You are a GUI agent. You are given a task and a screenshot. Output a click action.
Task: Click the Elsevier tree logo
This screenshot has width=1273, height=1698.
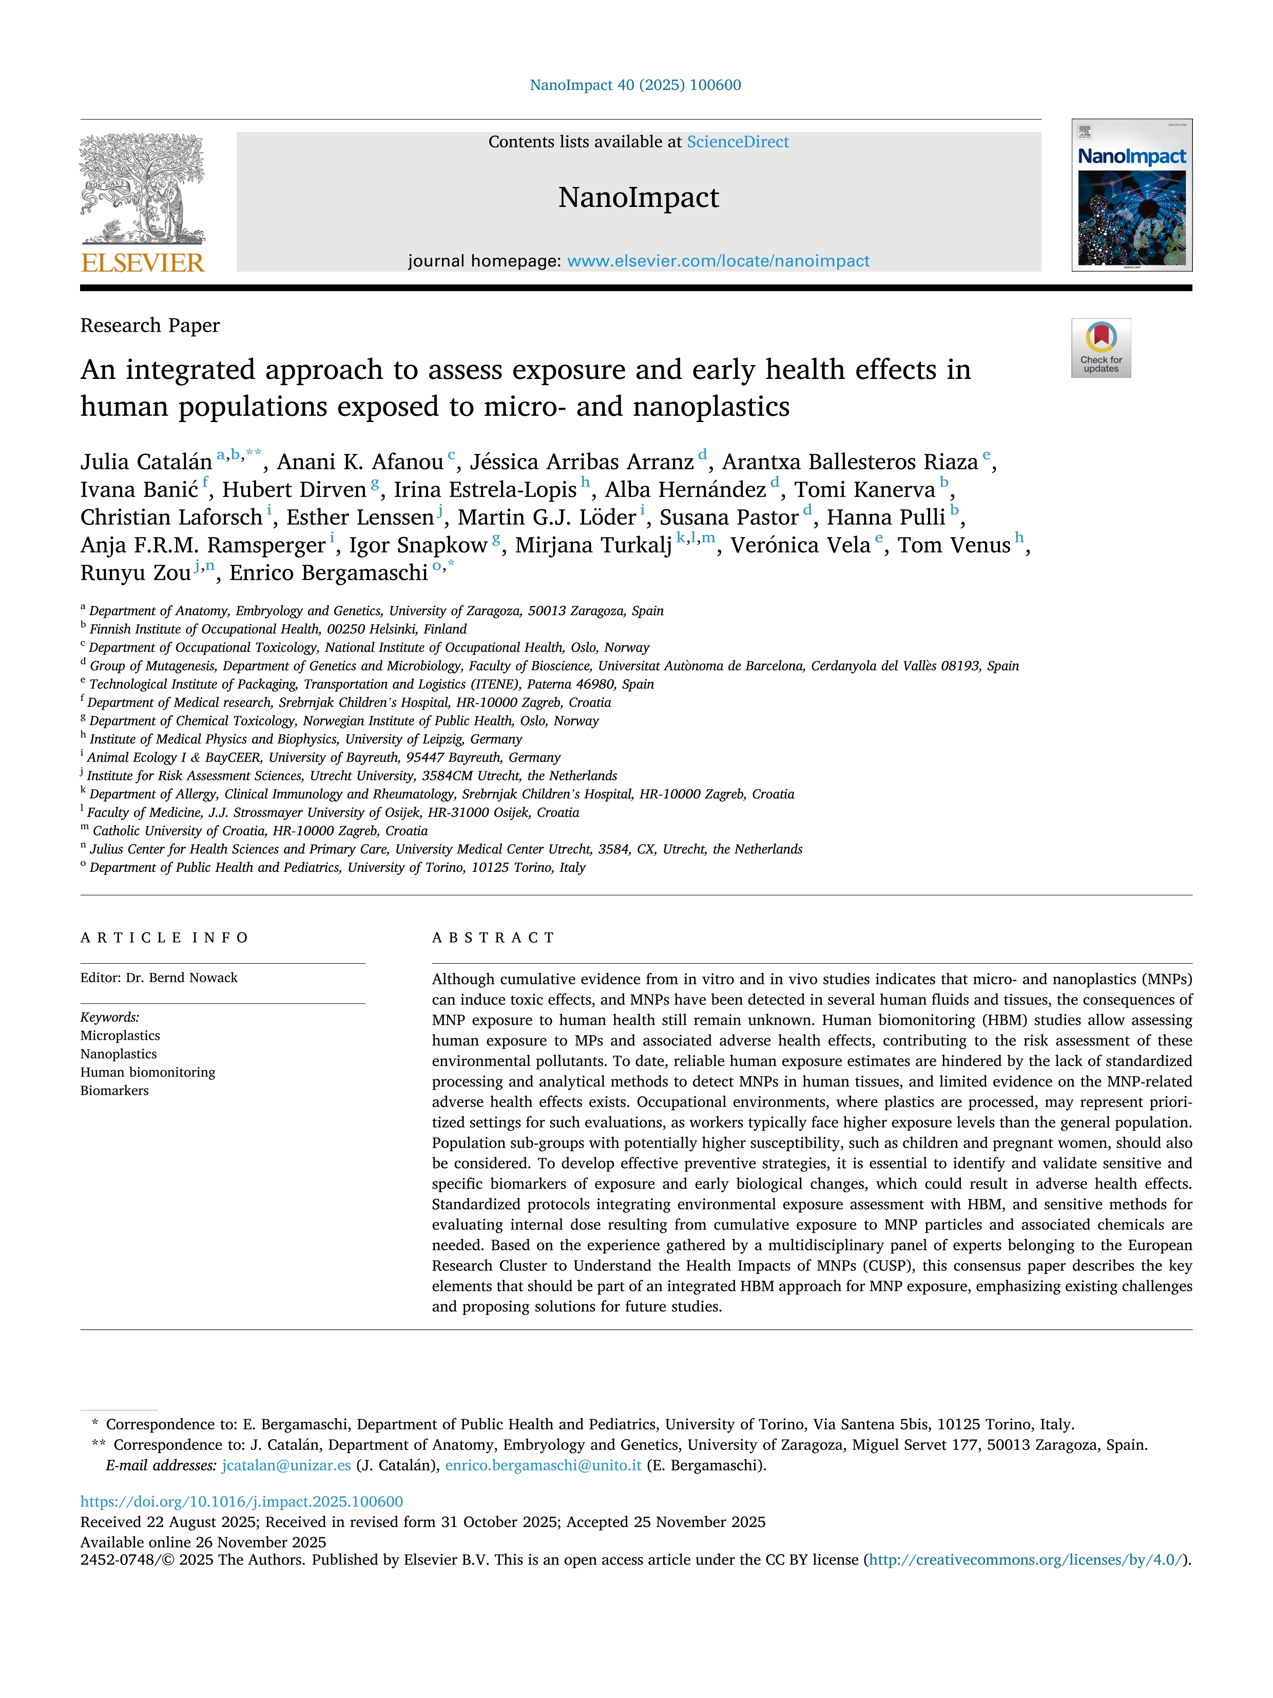click(x=143, y=188)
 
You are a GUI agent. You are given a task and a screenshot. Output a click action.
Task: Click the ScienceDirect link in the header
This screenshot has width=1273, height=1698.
click(x=738, y=142)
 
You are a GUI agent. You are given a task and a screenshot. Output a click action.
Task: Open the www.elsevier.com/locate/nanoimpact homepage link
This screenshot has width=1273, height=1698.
click(x=718, y=261)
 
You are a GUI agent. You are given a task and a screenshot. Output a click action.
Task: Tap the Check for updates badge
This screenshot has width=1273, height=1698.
click(x=1101, y=348)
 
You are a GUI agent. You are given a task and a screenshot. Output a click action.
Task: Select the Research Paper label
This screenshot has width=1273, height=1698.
click(x=150, y=326)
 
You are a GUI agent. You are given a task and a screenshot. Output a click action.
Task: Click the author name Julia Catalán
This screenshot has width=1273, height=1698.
click(x=146, y=462)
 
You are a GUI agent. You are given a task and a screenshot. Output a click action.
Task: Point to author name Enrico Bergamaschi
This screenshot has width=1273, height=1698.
click(x=329, y=573)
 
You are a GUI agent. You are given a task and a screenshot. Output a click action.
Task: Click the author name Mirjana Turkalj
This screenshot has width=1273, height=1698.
click(x=593, y=545)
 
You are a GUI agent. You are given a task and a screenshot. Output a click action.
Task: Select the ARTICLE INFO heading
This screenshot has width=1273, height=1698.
click(x=164, y=937)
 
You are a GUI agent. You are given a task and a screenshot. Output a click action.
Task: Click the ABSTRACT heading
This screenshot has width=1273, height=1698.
click(x=493, y=937)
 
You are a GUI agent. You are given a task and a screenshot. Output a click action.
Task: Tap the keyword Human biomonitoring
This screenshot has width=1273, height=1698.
click(x=147, y=1073)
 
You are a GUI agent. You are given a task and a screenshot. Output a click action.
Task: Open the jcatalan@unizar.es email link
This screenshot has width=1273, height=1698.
click(x=286, y=1465)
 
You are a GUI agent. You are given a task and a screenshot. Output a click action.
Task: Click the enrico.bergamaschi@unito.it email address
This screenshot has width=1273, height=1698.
click(x=543, y=1465)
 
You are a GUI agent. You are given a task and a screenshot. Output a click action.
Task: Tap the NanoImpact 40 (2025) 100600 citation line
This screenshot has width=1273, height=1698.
click(x=635, y=85)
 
